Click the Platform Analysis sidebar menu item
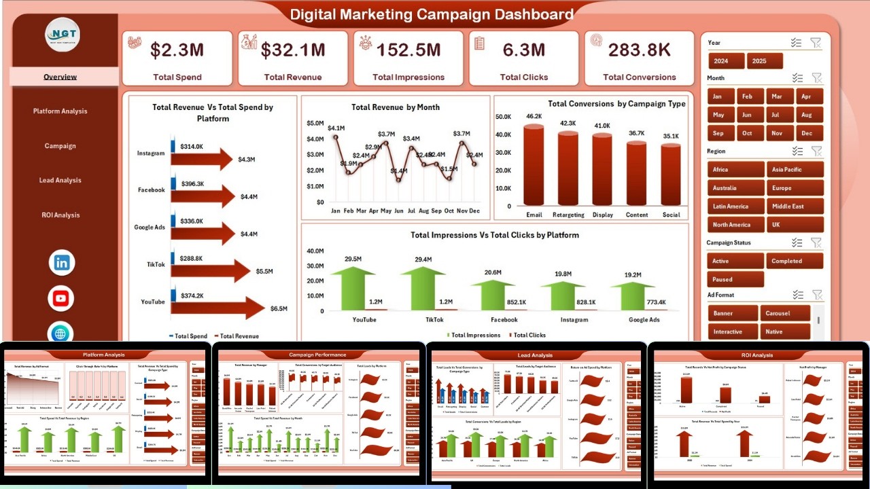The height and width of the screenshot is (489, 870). [60, 111]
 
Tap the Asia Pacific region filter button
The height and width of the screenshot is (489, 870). [795, 170]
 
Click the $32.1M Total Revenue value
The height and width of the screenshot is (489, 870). [293, 50]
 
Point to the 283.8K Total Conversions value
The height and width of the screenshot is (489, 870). [640, 50]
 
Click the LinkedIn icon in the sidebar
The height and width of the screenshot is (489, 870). [62, 263]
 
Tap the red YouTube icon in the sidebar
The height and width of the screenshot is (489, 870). [62, 298]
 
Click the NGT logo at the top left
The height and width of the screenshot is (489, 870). [63, 34]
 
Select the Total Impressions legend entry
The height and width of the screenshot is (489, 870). [472, 335]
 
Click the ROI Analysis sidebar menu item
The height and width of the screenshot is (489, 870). [60, 215]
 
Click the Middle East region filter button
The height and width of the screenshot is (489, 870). [795, 206]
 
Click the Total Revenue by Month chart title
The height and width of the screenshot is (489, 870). [395, 107]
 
